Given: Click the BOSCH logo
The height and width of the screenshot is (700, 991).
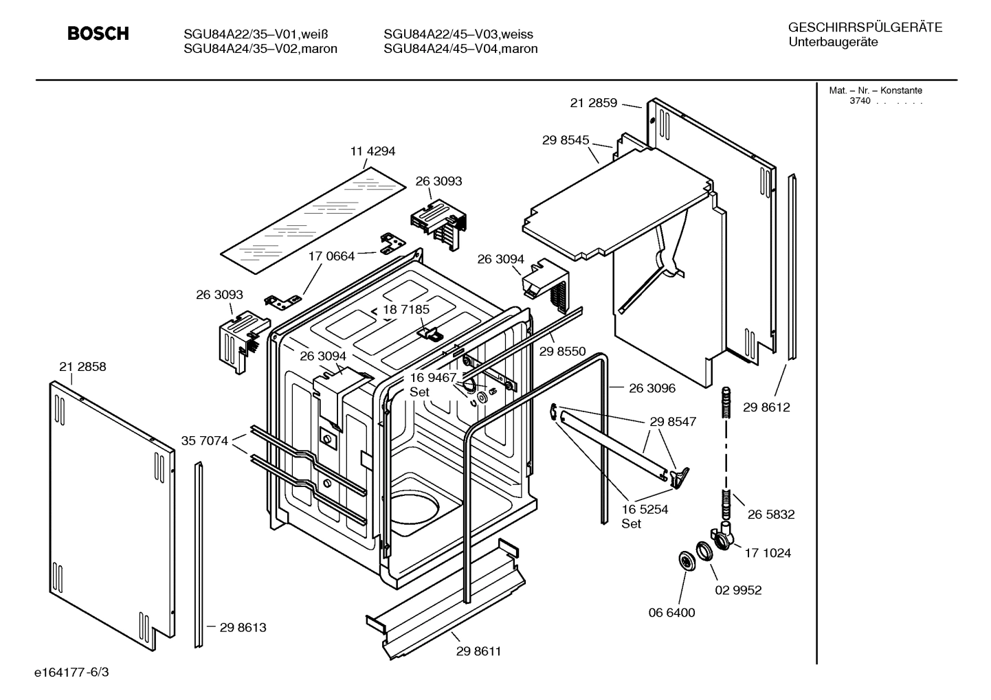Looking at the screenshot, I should [x=98, y=34].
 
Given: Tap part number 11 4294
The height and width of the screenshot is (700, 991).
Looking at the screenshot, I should [x=372, y=151].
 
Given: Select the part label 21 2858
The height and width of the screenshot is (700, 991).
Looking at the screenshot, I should [x=82, y=367].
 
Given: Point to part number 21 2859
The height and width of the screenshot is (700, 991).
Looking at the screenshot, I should [x=594, y=103].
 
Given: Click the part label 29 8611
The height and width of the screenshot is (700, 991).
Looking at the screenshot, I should [x=478, y=651].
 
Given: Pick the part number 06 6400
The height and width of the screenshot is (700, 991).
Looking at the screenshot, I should [x=672, y=612].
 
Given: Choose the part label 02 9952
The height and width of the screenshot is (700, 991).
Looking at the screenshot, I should [x=739, y=590].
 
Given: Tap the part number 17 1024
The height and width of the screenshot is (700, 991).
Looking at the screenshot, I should [x=768, y=552].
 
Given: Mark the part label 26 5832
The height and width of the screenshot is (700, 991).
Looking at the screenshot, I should [x=771, y=514].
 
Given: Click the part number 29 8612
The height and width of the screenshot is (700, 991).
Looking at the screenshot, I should [x=766, y=407].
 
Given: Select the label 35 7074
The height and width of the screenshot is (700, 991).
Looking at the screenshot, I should [x=205, y=440].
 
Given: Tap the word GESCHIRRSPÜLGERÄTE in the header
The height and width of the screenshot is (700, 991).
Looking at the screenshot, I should [x=865, y=28].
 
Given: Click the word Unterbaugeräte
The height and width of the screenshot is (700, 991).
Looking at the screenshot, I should [x=833, y=43].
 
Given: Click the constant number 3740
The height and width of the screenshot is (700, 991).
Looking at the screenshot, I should [x=859, y=101].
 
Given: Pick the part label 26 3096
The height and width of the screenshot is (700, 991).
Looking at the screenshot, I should [x=652, y=388].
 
